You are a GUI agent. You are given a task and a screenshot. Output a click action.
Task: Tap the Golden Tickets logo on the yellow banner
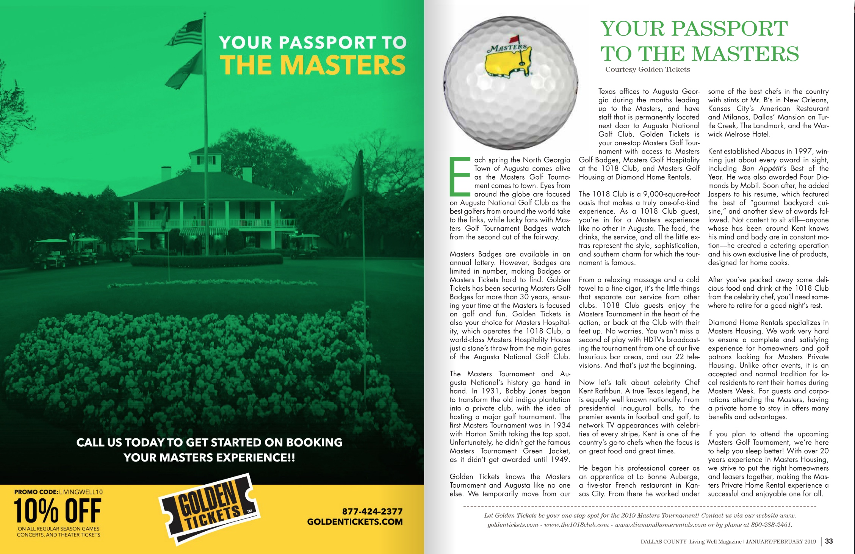click(209, 508)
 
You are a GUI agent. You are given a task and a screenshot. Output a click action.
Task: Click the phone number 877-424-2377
click(372, 511)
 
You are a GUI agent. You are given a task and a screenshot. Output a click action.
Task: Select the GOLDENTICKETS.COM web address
click(355, 522)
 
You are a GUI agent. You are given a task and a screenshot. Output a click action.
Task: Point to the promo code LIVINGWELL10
click(81, 492)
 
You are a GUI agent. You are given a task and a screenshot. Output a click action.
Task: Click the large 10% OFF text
click(58, 510)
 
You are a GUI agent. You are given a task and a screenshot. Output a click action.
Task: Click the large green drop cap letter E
click(460, 176)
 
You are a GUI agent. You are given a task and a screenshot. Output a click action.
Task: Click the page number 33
click(829, 541)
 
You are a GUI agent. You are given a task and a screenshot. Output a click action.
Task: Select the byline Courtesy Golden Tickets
click(647, 69)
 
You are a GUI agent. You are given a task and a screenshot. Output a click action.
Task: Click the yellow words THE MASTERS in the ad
click(313, 65)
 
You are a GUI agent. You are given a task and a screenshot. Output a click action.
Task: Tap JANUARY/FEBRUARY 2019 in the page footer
click(781, 541)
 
